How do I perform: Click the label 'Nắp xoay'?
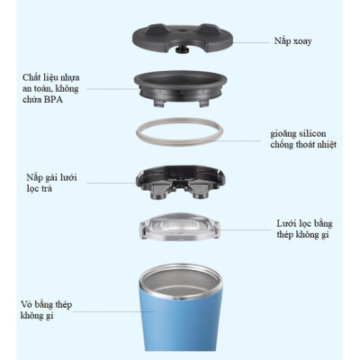click(x=292, y=41)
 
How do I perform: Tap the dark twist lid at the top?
click(x=183, y=38)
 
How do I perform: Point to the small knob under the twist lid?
click(x=183, y=49)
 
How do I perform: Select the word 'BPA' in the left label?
click(x=53, y=100)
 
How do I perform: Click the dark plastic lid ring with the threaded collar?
click(x=180, y=87)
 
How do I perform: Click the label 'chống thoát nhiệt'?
click(x=303, y=144)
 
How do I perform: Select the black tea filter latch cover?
click(x=180, y=183)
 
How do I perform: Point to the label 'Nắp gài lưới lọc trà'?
click(x=51, y=183)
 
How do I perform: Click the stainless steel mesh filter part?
click(x=179, y=227)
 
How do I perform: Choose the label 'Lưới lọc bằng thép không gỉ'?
click(x=304, y=229)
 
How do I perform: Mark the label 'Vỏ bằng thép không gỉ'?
click(x=46, y=310)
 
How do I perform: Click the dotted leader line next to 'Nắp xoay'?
click(x=251, y=42)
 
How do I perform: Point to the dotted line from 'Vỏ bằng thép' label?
click(x=114, y=311)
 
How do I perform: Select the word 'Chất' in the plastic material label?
click(x=31, y=77)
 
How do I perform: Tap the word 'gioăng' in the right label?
click(x=283, y=134)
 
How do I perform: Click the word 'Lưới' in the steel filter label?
click(x=287, y=223)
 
